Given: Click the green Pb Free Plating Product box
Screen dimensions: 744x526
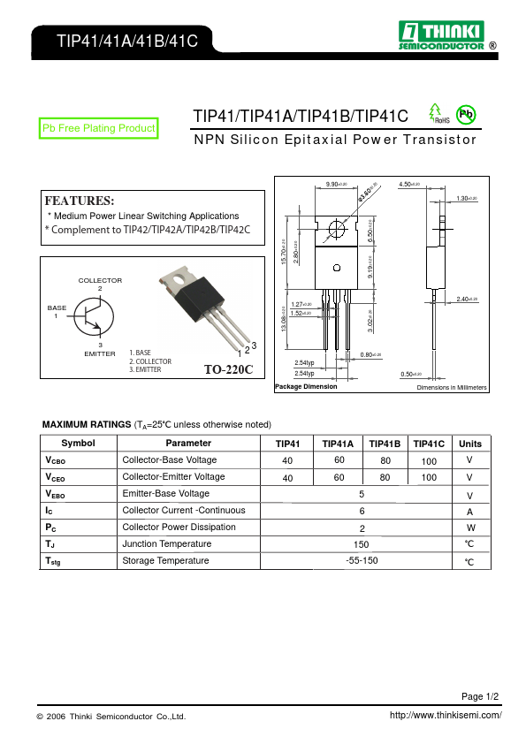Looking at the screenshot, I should pyautogui.click(x=99, y=129).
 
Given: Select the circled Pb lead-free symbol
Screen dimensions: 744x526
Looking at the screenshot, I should pyautogui.click(x=465, y=115).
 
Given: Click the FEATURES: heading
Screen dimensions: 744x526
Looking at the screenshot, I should pyautogui.click(x=80, y=201).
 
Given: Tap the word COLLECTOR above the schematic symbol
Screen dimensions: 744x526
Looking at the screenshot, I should pyautogui.click(x=100, y=280).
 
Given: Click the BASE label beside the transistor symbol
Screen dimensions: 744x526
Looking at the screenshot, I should pyautogui.click(x=57, y=307).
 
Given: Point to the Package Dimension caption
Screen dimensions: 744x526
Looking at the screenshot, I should pyautogui.click(x=306, y=387).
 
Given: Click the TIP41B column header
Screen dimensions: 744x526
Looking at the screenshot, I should pyautogui.click(x=385, y=444).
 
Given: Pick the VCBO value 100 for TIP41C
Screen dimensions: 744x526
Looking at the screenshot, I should pyautogui.click(x=429, y=461).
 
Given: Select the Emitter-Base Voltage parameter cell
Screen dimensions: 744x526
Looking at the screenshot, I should pyautogui.click(x=166, y=494).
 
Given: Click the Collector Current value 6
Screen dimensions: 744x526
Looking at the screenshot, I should pyautogui.click(x=362, y=511).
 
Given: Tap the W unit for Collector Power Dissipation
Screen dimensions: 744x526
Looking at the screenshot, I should pyautogui.click(x=469, y=528).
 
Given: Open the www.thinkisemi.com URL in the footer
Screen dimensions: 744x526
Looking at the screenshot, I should pyautogui.click(x=446, y=715).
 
